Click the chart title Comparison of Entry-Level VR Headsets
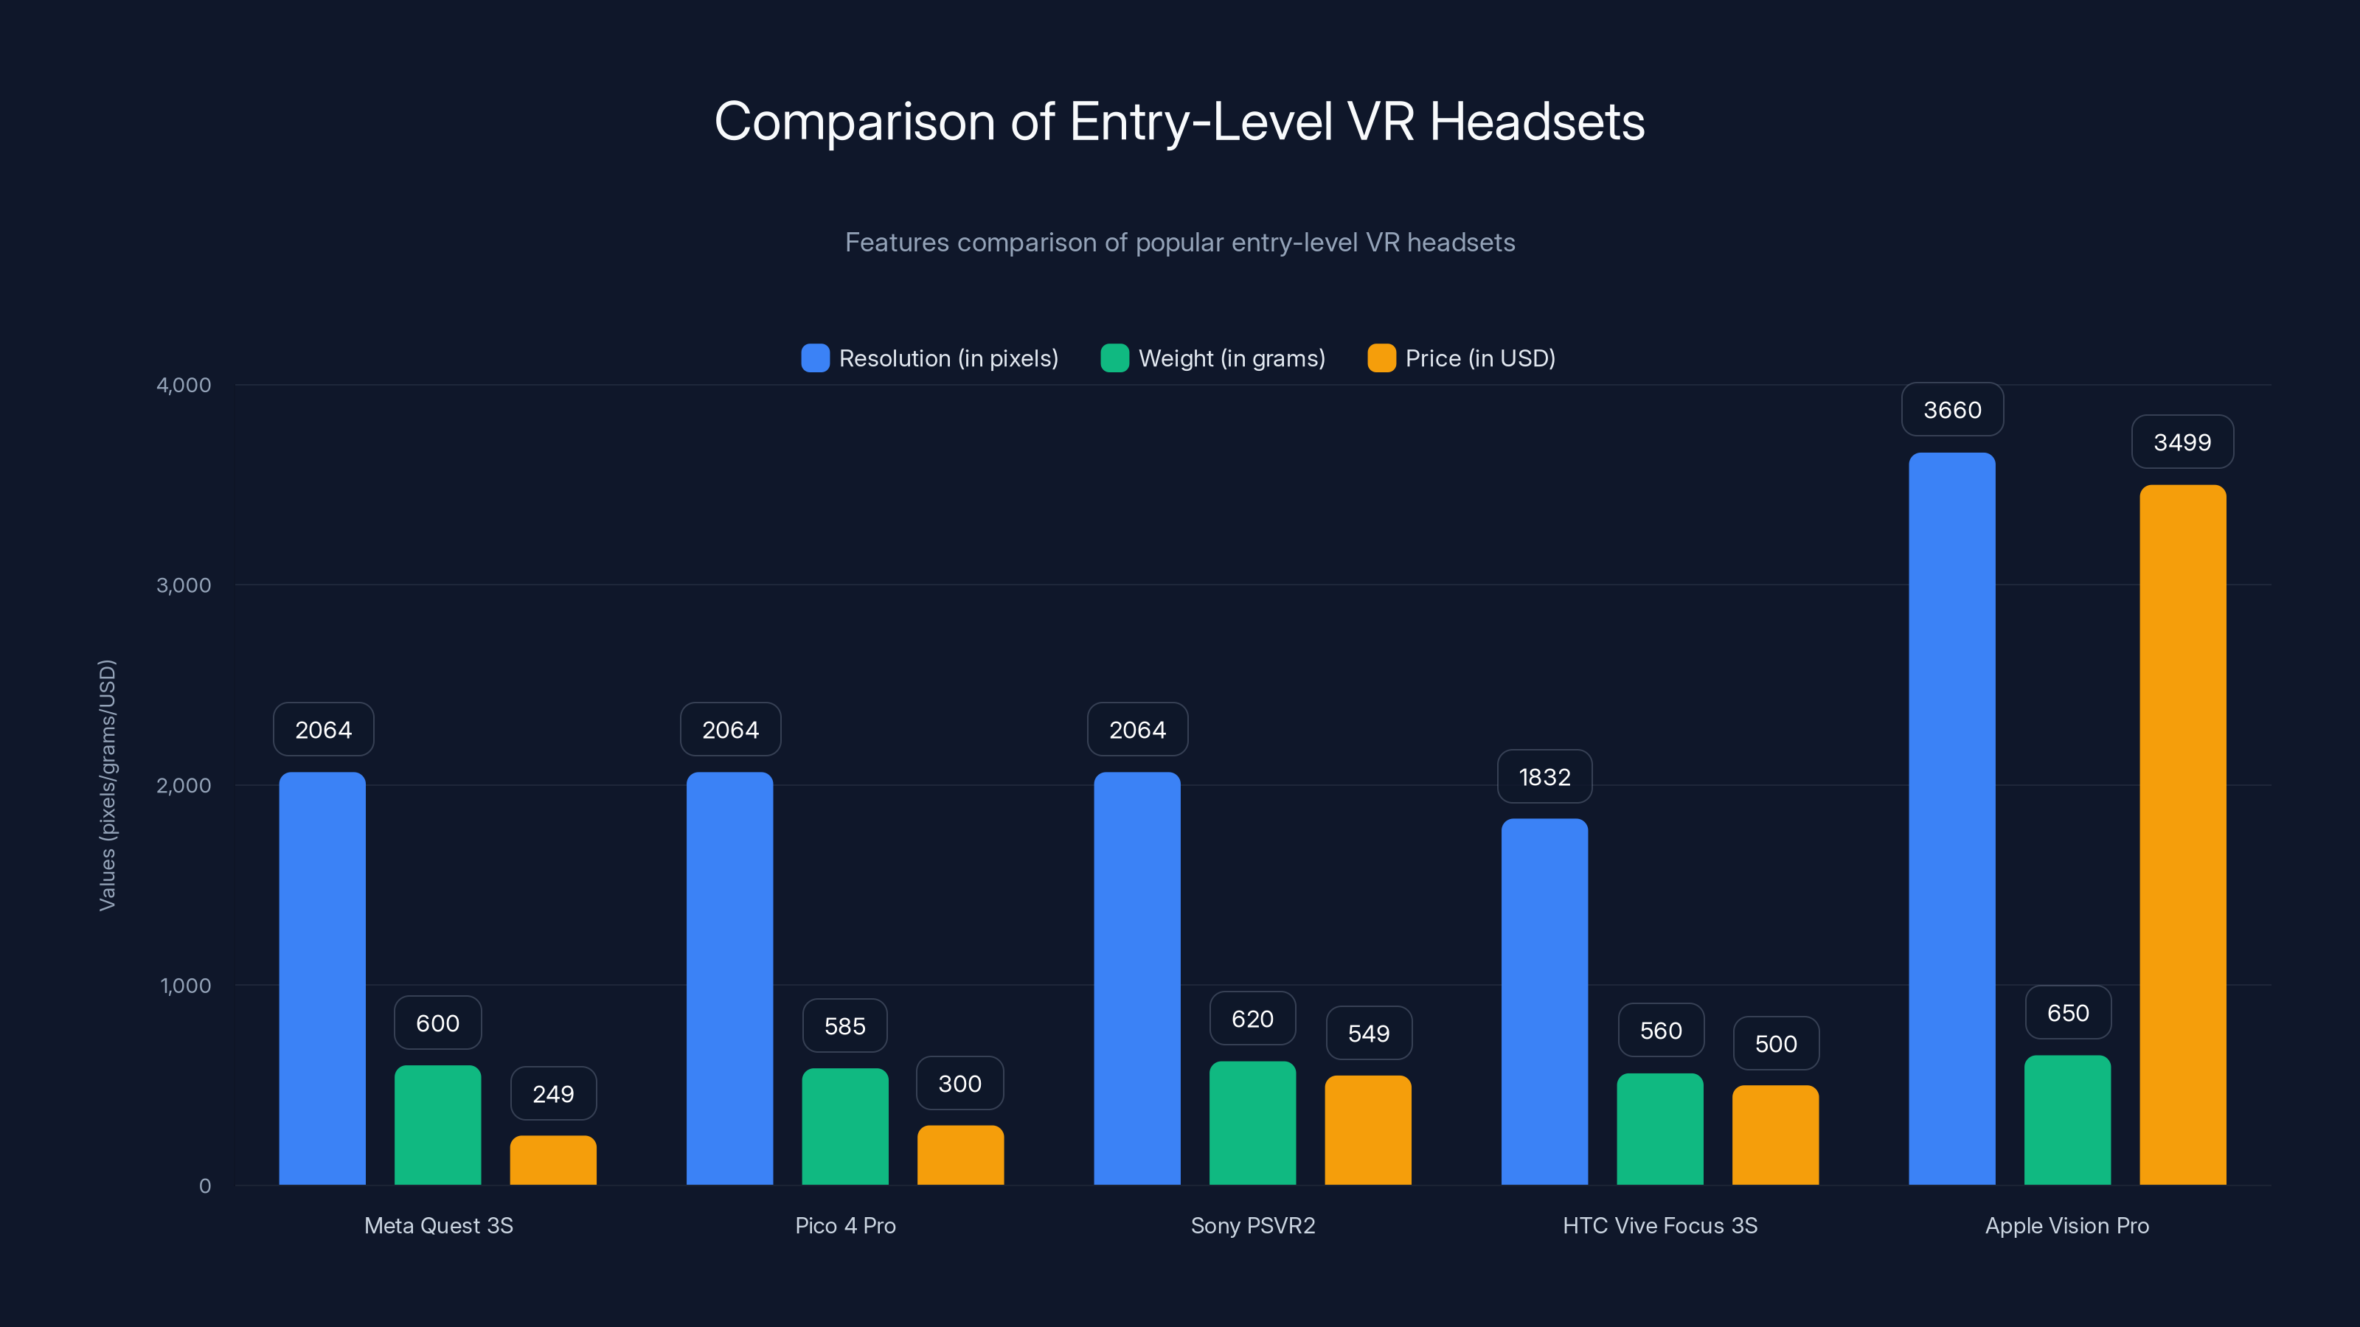[x=1179, y=122]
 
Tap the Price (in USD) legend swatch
[x=1381, y=358]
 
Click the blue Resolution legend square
[x=814, y=358]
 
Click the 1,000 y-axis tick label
[x=185, y=986]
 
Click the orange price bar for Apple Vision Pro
[x=2182, y=835]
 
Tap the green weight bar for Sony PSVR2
[x=1252, y=1123]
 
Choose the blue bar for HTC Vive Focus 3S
[x=1544, y=1001]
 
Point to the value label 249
[x=553, y=1093]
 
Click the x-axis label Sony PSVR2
[x=1252, y=1225]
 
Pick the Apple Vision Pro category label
[x=2066, y=1225]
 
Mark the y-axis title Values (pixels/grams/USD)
[x=107, y=785]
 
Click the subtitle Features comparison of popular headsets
[x=1179, y=243]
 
